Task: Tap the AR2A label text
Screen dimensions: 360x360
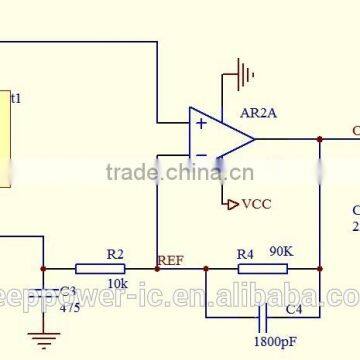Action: click(259, 113)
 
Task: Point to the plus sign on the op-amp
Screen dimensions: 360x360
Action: click(201, 124)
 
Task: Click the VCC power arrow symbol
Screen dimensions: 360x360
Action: click(232, 202)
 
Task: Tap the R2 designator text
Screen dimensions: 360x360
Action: click(115, 254)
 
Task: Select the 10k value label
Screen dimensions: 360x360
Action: click(117, 283)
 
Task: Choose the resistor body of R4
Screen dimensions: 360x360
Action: click(246, 268)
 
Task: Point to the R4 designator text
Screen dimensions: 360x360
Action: click(245, 254)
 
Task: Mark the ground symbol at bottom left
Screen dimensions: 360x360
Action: click(43, 340)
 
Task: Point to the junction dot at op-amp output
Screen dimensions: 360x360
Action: click(320, 139)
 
